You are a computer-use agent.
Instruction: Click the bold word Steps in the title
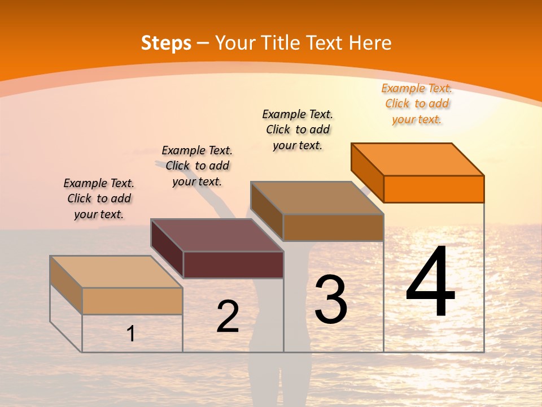(166, 43)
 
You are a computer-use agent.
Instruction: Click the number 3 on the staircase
(331, 300)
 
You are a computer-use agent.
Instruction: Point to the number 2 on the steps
(228, 317)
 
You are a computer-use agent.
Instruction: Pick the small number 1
(131, 334)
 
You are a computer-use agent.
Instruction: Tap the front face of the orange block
(434, 189)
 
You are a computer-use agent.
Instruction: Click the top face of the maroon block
(217, 235)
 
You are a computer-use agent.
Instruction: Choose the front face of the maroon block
(233, 265)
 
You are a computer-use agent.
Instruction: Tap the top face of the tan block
(116, 272)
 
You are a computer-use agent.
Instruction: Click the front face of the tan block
(132, 301)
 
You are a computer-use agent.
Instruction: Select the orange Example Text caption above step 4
(417, 104)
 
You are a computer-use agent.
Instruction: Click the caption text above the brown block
(298, 129)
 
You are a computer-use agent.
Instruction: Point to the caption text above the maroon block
(197, 166)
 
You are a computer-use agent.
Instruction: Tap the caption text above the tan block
(99, 198)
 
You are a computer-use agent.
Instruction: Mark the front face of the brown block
(333, 227)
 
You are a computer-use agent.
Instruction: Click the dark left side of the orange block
(368, 172)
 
